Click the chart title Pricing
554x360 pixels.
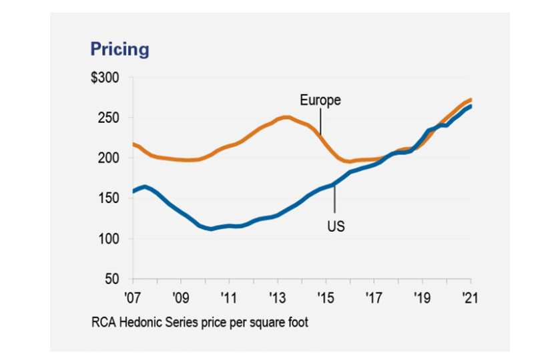pos(120,49)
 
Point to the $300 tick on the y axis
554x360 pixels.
pos(105,78)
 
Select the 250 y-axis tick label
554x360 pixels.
pos(109,118)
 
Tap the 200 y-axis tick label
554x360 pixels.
pos(109,158)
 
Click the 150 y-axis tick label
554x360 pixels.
pos(109,198)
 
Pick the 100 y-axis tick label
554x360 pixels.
pos(109,238)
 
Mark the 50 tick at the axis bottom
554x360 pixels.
pos(112,279)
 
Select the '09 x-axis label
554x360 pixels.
pos(181,295)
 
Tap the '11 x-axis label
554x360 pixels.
pos(229,295)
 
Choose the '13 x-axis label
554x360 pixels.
pos(277,295)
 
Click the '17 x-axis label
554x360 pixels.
pos(374,295)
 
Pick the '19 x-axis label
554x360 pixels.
pos(422,295)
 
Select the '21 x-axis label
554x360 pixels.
pos(470,295)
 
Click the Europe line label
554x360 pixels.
pos(320,100)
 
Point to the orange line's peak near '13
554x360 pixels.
pos(286,118)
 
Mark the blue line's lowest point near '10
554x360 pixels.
pos(211,228)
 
